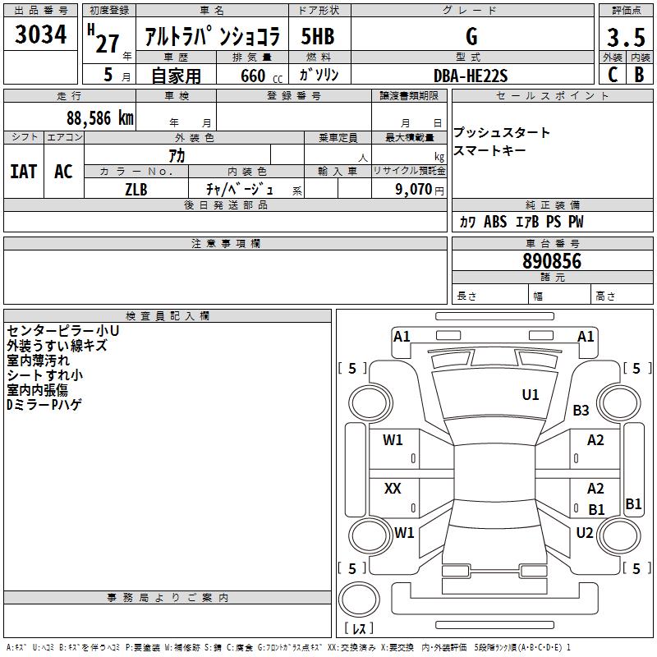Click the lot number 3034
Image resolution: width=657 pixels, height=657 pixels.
point(40,35)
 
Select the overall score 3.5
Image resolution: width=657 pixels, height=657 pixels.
point(623,37)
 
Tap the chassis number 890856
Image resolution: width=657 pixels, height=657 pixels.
point(552,262)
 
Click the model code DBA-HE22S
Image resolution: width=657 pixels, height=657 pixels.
point(471,76)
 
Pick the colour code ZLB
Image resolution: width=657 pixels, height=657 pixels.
point(136,188)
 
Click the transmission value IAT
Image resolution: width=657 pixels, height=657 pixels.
point(24,171)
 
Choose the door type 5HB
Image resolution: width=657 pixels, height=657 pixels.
point(318,37)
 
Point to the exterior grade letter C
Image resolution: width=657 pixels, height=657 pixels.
point(612,75)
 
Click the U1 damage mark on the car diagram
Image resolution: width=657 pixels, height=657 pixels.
point(531,395)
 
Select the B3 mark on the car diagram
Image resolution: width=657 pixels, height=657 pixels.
point(581,411)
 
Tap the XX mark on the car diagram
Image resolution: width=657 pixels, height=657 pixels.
point(393,489)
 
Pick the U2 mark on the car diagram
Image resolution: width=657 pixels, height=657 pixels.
point(585,532)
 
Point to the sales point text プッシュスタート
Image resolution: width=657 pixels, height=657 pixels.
point(502,133)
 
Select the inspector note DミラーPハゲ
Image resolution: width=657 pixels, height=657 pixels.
point(44,404)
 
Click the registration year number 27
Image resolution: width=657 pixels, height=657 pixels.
point(107,43)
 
